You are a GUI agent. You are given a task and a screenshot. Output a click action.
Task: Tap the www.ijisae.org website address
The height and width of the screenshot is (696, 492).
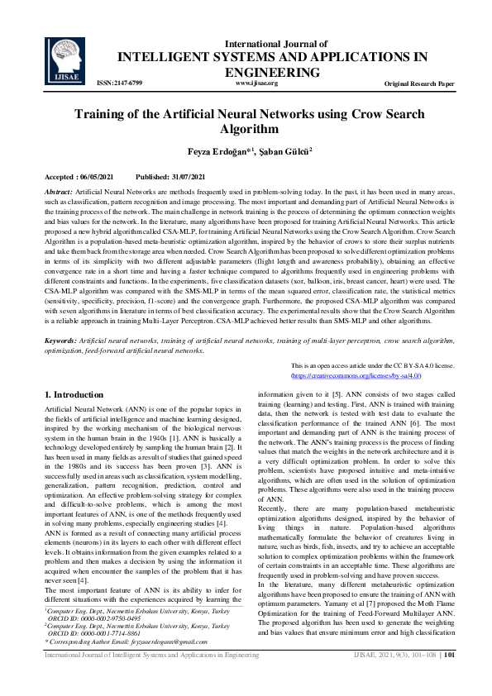256,83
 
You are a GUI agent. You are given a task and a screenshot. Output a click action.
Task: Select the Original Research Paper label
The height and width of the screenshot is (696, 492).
419,84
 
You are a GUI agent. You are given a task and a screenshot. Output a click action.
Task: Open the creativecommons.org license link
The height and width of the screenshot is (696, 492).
356,375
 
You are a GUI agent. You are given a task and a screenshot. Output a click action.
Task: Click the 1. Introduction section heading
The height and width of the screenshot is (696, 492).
74,395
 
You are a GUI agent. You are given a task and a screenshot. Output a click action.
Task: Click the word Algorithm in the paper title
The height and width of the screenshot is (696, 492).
246,129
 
